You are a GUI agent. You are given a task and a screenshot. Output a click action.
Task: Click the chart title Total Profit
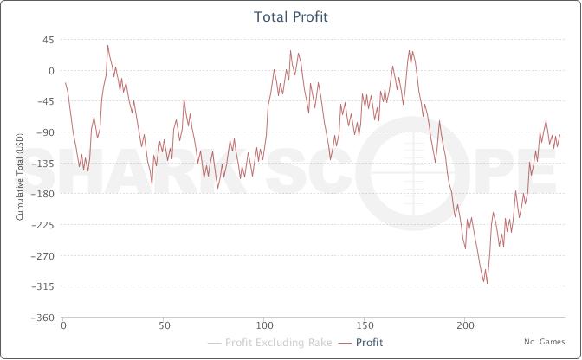291,16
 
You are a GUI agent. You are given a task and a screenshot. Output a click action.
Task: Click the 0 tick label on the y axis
51,71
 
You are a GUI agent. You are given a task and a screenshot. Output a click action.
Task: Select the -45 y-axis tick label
46,101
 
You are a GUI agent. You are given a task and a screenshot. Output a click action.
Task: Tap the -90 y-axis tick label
46,132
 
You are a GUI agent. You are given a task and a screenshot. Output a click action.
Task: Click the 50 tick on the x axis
164,327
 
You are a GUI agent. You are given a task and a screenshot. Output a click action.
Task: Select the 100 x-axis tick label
264,327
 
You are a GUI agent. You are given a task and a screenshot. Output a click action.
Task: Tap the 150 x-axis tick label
365,327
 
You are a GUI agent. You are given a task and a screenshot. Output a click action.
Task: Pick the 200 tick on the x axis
465,327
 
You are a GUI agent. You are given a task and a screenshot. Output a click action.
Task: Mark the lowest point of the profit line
487,283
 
